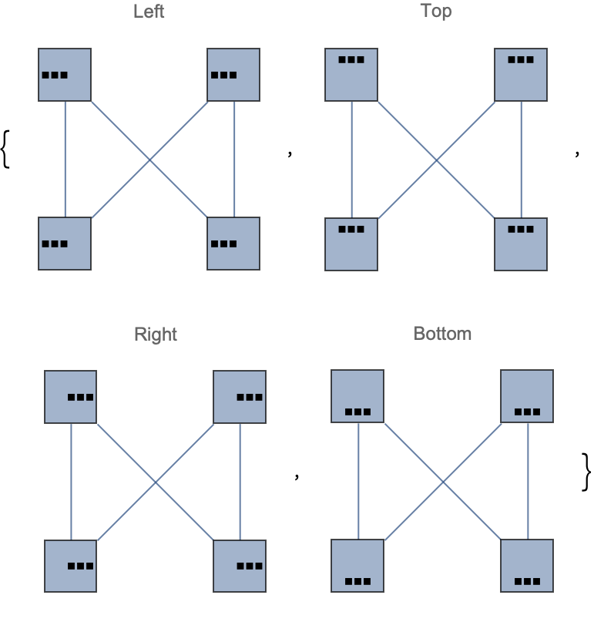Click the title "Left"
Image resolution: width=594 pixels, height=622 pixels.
(x=149, y=12)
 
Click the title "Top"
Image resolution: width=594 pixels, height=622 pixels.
(x=436, y=11)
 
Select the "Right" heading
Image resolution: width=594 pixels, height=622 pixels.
(x=156, y=335)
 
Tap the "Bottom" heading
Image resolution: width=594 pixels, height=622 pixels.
(x=442, y=334)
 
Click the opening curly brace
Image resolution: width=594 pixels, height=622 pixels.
(x=5, y=150)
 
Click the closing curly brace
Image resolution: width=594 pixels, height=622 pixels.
(x=586, y=472)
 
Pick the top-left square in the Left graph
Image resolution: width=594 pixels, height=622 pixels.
(x=65, y=75)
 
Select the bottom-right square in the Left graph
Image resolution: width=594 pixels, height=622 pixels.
(x=233, y=244)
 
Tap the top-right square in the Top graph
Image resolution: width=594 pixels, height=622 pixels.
(x=521, y=75)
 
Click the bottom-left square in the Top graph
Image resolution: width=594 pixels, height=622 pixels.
(x=351, y=244)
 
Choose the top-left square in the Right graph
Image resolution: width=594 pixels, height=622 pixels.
(x=71, y=397)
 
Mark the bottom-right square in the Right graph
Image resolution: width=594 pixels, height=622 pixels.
(x=240, y=566)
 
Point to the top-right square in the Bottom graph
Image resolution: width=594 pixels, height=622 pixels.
(x=527, y=396)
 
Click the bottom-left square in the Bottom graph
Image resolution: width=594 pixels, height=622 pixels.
(x=357, y=566)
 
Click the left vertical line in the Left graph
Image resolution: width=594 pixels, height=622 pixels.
(x=65, y=159)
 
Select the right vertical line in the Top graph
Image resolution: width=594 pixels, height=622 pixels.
(x=522, y=160)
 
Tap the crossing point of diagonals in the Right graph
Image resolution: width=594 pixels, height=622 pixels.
(x=156, y=482)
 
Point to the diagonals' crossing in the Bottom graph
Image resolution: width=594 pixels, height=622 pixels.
(x=443, y=482)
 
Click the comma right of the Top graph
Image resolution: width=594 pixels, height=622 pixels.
(x=577, y=153)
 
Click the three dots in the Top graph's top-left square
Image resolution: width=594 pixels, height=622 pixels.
(x=351, y=60)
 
